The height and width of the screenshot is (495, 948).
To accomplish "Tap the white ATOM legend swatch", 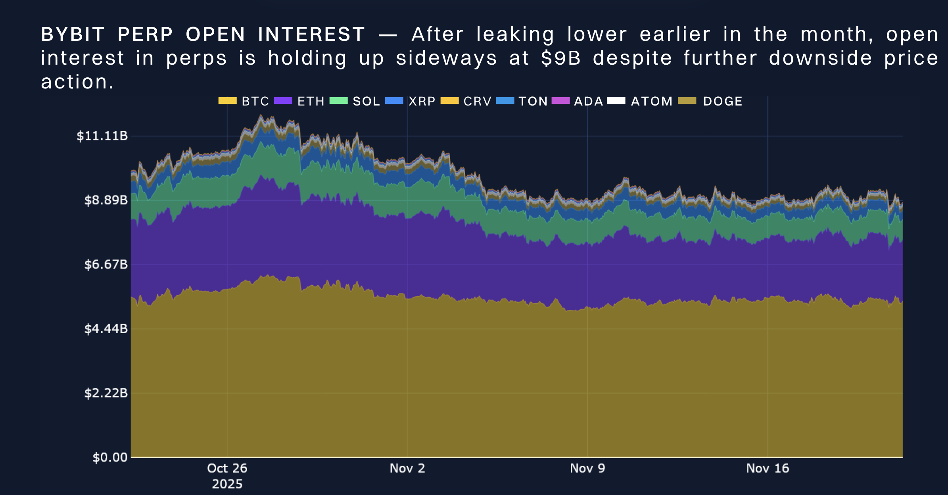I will point(616,101).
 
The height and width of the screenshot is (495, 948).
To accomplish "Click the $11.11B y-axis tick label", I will point(102,136).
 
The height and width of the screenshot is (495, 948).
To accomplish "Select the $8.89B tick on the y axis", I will point(106,200).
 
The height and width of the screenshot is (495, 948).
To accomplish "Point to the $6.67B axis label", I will point(106,264).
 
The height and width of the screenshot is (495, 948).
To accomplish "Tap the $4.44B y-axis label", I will point(106,329).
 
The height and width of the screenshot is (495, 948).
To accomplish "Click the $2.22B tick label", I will point(106,393).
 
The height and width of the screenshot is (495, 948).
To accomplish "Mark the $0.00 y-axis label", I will point(110,457).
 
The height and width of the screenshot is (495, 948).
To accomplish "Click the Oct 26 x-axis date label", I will point(227,468).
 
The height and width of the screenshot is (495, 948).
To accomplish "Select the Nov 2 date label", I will point(407,468).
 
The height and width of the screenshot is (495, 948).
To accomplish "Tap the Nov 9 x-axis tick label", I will point(587,468).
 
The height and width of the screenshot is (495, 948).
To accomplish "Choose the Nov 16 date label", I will point(768,468).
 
